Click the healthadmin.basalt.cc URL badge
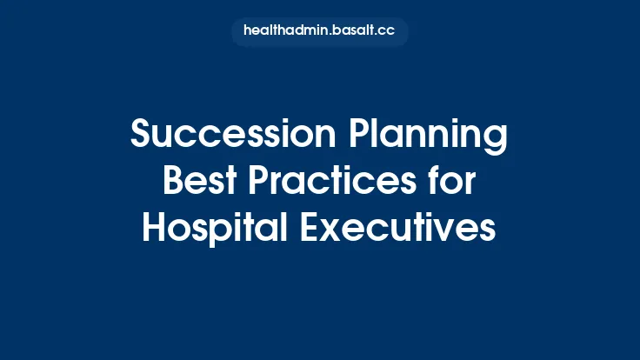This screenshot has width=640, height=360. (320, 30)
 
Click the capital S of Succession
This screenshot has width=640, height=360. (140, 137)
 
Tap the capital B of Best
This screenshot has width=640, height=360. (172, 183)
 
